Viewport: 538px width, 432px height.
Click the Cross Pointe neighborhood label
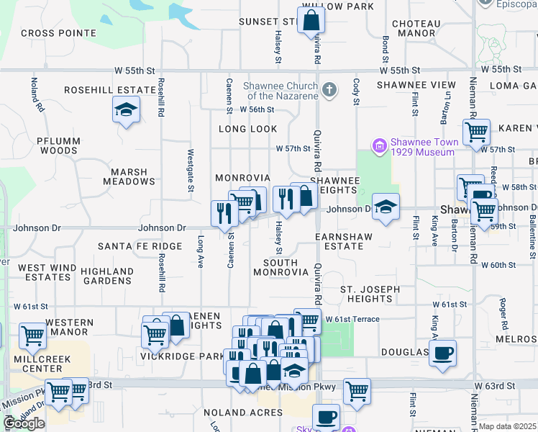click(x=58, y=33)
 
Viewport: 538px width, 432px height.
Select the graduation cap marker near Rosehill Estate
click(x=126, y=110)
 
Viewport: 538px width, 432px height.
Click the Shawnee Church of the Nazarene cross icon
click(x=329, y=90)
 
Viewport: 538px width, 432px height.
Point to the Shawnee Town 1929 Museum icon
click(x=380, y=146)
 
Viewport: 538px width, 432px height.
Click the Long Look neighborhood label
click(x=248, y=129)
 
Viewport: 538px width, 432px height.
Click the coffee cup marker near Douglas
click(x=443, y=353)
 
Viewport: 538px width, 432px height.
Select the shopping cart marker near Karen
click(x=476, y=132)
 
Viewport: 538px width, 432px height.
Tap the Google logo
click(x=24, y=423)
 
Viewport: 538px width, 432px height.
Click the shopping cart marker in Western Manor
click(x=32, y=335)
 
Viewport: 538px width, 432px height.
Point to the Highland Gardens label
click(x=107, y=276)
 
